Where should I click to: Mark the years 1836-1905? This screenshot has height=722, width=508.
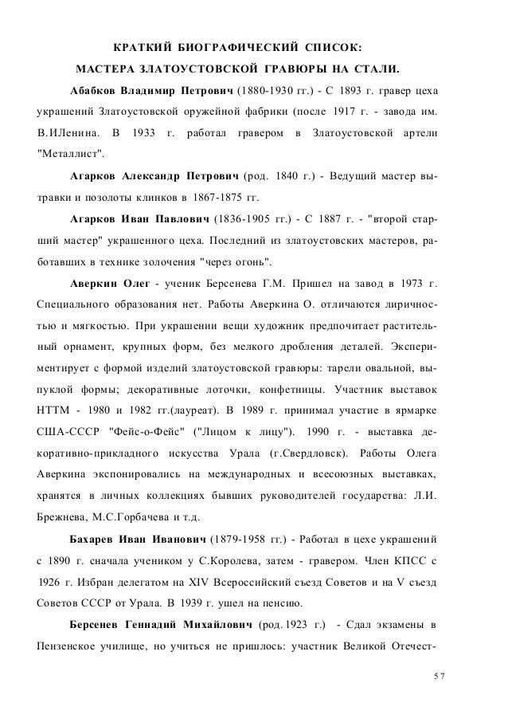241,218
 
